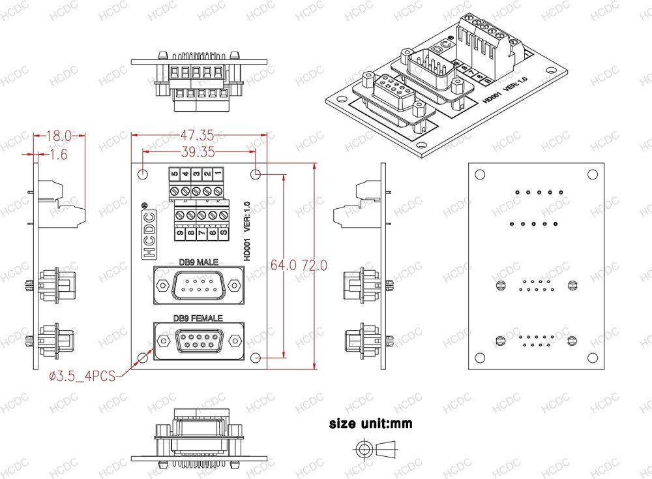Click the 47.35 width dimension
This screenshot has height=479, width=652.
pyautogui.click(x=196, y=136)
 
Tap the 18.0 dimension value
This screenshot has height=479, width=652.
pyautogui.click(x=59, y=136)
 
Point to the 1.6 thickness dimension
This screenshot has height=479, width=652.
pyautogui.click(x=59, y=155)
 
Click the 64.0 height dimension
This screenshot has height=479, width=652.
pyautogui.click(x=284, y=266)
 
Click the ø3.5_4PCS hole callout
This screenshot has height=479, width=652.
pyautogui.click(x=82, y=376)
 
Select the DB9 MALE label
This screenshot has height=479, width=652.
pyautogui.click(x=198, y=262)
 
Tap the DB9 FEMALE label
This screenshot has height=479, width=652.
pyautogui.click(x=198, y=318)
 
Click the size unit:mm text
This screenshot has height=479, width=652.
pyautogui.click(x=370, y=424)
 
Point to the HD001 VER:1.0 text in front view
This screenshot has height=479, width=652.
pyautogui.click(x=247, y=232)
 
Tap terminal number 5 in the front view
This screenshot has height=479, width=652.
pyautogui.click(x=175, y=174)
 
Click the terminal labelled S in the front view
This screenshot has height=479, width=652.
pyautogui.click(x=224, y=231)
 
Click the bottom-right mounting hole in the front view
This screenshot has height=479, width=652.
pyautogui.click(x=256, y=358)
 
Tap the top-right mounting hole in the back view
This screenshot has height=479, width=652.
pyautogui.click(x=592, y=174)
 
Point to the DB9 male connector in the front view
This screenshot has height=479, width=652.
pyautogui.click(x=198, y=285)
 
